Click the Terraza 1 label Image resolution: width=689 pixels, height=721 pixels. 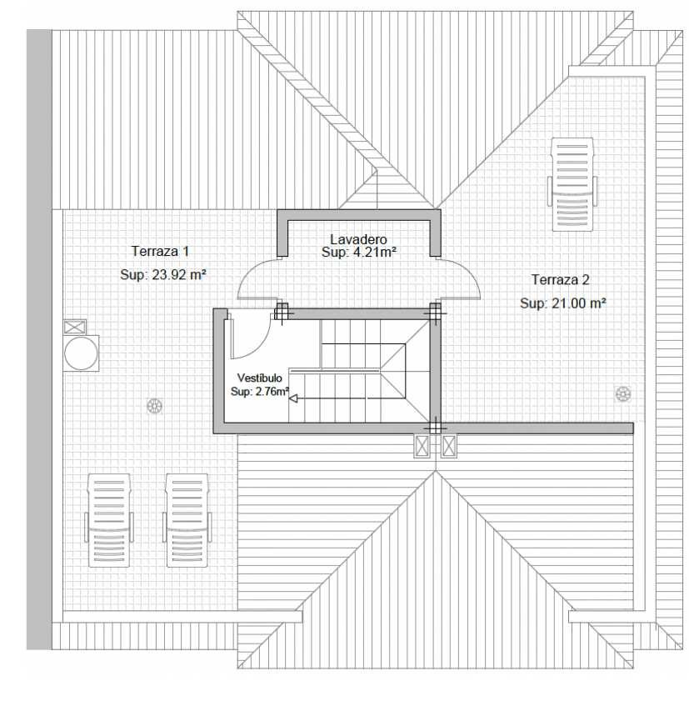(x=160, y=251)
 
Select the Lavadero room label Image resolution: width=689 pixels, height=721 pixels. (x=358, y=239)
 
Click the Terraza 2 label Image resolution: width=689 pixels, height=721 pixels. (x=561, y=279)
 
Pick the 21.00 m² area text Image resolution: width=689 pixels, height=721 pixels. (x=579, y=303)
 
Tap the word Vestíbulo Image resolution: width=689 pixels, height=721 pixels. (x=260, y=378)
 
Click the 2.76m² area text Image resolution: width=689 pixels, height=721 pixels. (x=272, y=392)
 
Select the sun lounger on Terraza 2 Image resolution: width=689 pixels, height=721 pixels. (x=572, y=184)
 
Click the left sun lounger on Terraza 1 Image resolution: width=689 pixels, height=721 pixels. (x=109, y=520)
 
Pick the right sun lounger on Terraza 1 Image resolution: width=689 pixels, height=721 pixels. (x=187, y=520)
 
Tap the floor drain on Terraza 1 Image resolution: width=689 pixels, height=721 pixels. (x=154, y=406)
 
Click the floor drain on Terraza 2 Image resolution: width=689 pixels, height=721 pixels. (x=623, y=394)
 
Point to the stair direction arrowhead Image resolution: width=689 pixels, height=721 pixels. (x=292, y=398)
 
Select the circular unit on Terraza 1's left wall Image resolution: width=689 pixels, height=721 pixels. (x=82, y=353)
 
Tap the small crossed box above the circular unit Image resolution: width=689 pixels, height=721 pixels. (x=74, y=327)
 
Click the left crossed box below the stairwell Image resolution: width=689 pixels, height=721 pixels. (x=422, y=446)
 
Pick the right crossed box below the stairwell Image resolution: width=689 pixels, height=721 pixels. (x=449, y=446)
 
